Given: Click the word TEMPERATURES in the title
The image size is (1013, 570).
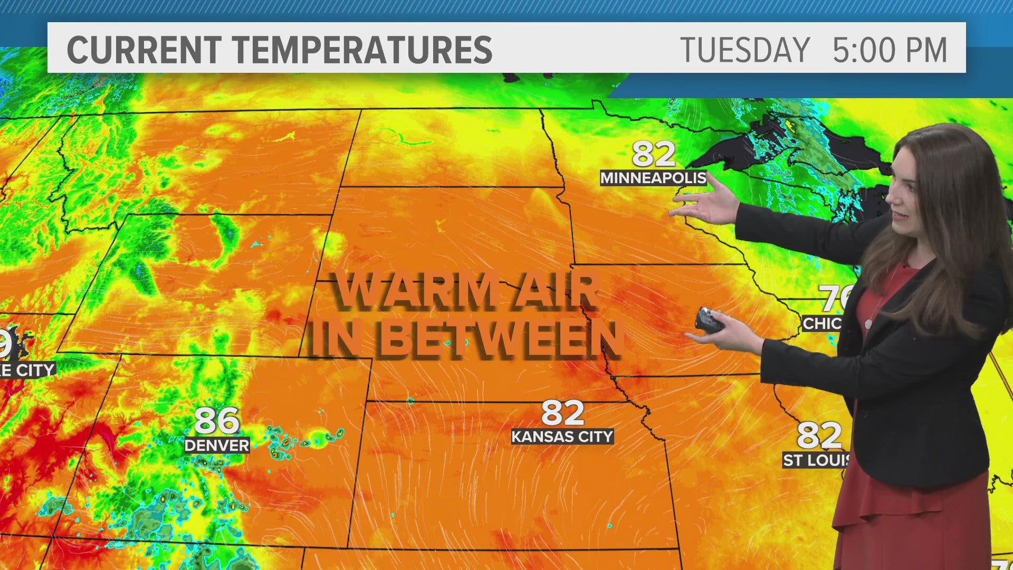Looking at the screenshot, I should point(362,50).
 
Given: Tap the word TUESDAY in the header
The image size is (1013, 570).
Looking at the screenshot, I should point(744,50).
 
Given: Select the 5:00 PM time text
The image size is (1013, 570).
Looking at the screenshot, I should point(890,50).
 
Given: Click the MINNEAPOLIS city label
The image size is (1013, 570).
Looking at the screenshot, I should point(653,178).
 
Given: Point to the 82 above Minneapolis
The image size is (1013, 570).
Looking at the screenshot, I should point(653,154).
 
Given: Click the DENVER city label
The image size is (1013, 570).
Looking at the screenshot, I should point(217,445).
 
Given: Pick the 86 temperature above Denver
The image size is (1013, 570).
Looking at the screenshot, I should point(217,421).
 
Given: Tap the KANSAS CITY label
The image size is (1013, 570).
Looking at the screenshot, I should point(562,436).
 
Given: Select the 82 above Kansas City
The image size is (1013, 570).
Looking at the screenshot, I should point(562,413).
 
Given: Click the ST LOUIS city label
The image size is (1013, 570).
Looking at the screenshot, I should point(816,460).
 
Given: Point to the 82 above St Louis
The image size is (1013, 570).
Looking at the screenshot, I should point(819,435).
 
